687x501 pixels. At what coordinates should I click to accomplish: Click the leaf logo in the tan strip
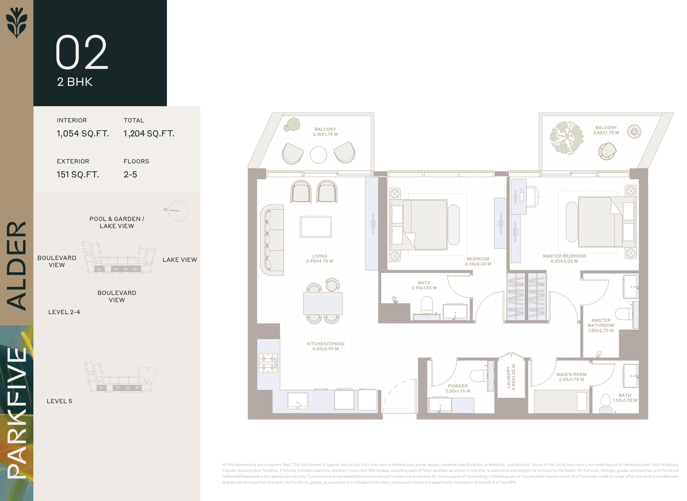pyautogui.click(x=17, y=22)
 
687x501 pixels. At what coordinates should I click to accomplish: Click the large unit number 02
pyautogui.click(x=82, y=52)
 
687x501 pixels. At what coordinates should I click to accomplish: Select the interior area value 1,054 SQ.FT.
pyautogui.click(x=83, y=134)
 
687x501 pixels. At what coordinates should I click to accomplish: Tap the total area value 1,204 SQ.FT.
pyautogui.click(x=149, y=134)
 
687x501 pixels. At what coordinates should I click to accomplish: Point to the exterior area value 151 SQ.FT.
pyautogui.click(x=78, y=174)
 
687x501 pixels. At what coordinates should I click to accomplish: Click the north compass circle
pyautogui.click(x=178, y=211)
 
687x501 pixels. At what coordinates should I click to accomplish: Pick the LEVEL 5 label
pyautogui.click(x=59, y=401)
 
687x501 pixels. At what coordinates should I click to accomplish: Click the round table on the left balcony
pyautogui.click(x=318, y=155)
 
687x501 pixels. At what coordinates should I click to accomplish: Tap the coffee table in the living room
pyautogui.click(x=316, y=226)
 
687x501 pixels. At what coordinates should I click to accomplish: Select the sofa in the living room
pyautogui.click(x=272, y=240)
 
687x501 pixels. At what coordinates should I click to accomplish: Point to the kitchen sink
pyautogui.click(x=297, y=401)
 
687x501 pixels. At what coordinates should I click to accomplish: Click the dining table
pyautogui.click(x=323, y=303)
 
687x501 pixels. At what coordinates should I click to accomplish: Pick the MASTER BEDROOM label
pyautogui.click(x=564, y=256)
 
